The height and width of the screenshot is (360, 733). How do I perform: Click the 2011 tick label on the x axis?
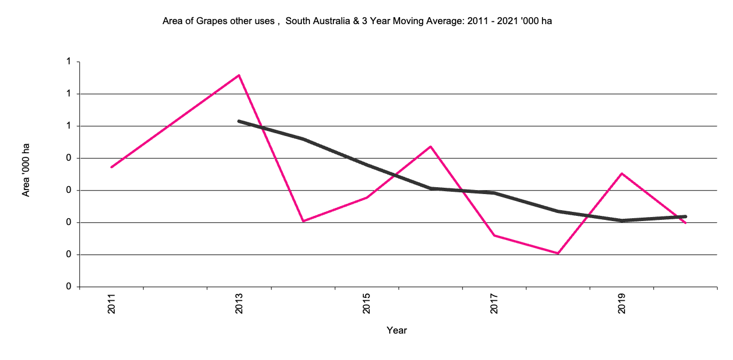(x=111, y=304)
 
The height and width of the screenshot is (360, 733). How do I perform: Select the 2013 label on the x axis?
(x=239, y=304)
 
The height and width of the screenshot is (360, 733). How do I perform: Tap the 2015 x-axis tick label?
(x=366, y=304)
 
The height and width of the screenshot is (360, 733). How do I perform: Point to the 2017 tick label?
(x=494, y=304)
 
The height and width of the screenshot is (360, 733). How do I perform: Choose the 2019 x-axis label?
(x=622, y=304)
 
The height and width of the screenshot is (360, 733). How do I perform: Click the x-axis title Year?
(x=397, y=330)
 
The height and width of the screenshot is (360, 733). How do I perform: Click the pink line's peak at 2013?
(x=239, y=75)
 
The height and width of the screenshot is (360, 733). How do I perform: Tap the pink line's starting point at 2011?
(x=111, y=167)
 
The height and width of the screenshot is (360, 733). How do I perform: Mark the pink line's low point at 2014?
(x=302, y=221)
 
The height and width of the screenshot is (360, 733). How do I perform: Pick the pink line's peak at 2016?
(x=431, y=146)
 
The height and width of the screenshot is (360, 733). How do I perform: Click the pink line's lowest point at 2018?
(x=558, y=253)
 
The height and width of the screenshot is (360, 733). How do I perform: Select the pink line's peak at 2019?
(x=622, y=173)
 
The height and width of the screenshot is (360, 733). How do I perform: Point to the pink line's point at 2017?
(x=494, y=235)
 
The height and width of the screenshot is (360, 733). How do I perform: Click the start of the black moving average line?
(x=239, y=121)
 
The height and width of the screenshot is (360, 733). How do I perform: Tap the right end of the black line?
(x=685, y=216)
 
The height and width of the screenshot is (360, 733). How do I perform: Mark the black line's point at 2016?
(x=431, y=188)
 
